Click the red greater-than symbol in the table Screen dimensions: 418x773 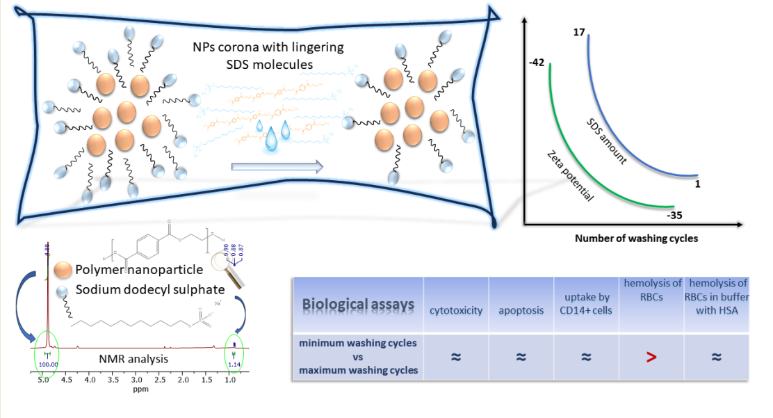coord(650,357)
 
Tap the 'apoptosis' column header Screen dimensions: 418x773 coord(521,310)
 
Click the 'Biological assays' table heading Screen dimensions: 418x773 coord(359,305)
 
